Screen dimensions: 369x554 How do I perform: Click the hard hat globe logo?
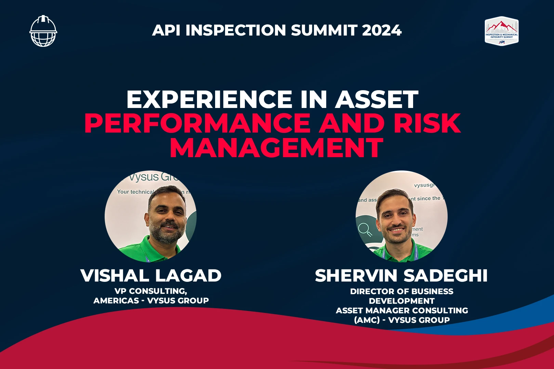click(x=43, y=31)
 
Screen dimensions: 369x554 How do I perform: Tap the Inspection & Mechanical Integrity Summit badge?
click(x=501, y=31)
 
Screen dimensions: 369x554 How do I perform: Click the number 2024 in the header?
click(x=382, y=30)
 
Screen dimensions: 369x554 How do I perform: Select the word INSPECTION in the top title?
click(x=236, y=30)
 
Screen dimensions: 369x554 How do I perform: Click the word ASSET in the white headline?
click(x=377, y=99)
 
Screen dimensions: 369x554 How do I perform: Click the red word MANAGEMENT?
click(x=276, y=148)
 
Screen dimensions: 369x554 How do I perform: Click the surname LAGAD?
click(x=188, y=276)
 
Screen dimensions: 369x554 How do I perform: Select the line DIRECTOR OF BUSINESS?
click(x=401, y=291)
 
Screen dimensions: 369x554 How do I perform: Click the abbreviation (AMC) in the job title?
click(x=367, y=320)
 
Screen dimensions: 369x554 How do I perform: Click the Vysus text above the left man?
click(x=144, y=177)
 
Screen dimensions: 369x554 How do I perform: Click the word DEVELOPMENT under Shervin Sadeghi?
click(x=401, y=301)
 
